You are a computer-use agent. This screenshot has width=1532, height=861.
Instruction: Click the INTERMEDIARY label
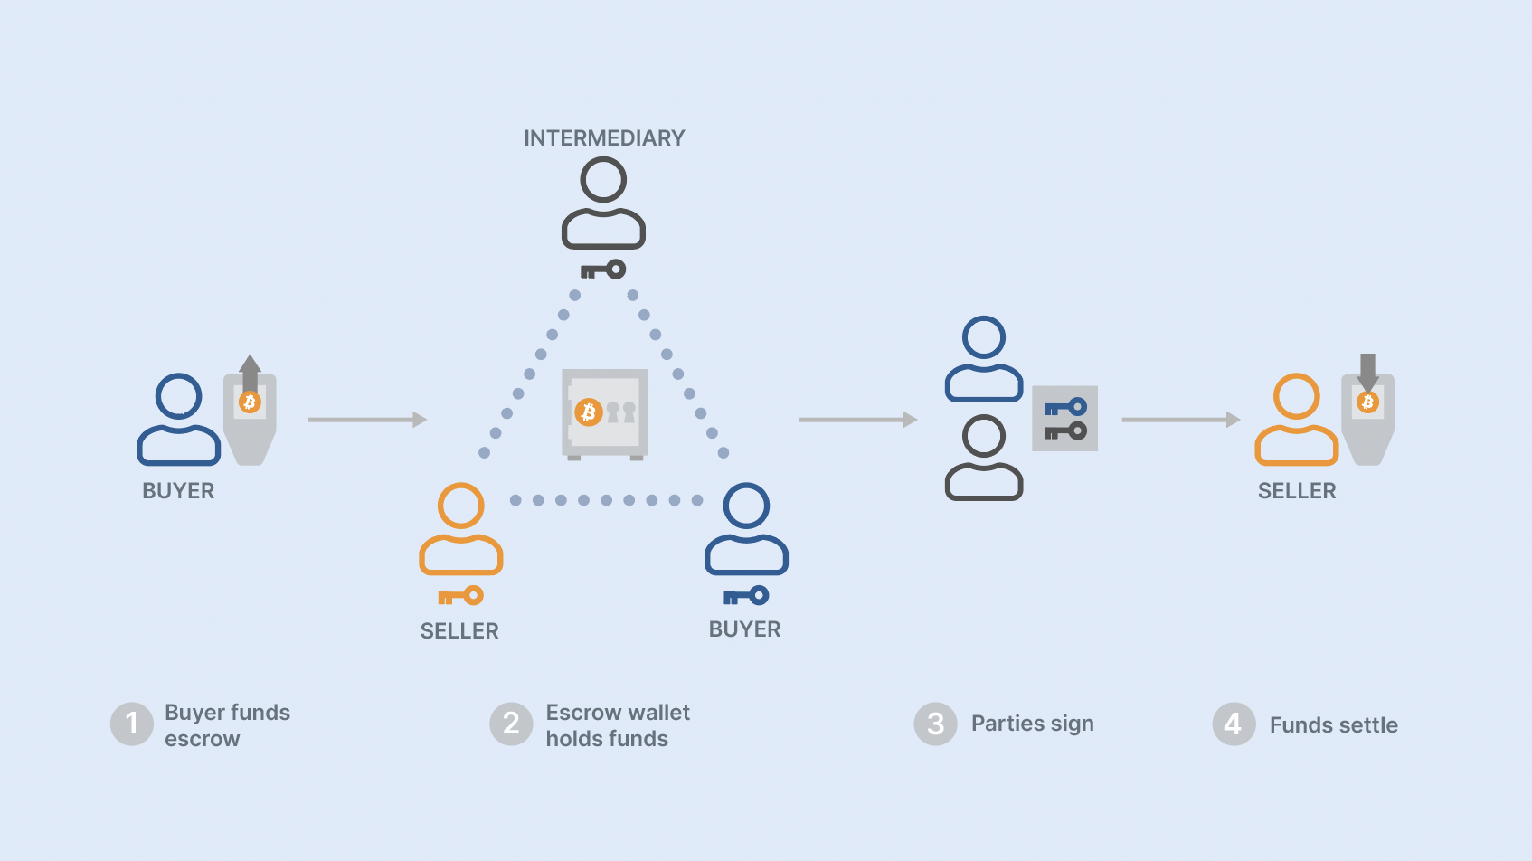[x=604, y=138]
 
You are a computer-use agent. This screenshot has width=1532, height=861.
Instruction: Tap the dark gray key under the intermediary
[x=603, y=270]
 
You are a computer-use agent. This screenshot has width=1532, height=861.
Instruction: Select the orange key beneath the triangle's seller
[x=460, y=596]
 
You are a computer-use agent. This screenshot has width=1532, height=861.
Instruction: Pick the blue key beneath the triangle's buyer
[x=746, y=596]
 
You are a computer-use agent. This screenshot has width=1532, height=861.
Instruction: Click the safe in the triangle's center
[x=605, y=413]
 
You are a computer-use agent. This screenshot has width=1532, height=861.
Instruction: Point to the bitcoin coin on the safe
[x=589, y=412]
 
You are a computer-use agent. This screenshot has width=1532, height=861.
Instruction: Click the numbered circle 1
[x=132, y=724]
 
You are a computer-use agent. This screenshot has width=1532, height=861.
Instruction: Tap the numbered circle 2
[x=511, y=724]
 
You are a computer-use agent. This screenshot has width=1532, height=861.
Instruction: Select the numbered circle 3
[x=935, y=724]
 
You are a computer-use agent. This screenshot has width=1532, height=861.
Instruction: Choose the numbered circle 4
[x=1234, y=724]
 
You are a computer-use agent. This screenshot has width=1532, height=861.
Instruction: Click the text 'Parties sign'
[x=1032, y=724]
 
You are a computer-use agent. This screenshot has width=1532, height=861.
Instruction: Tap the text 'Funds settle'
[x=1333, y=725]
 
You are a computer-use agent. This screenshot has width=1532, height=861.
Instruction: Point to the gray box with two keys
[x=1064, y=419]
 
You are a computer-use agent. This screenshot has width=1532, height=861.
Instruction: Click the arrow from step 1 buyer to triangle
[x=367, y=420]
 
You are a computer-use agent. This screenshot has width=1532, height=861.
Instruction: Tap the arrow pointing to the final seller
[x=1180, y=420]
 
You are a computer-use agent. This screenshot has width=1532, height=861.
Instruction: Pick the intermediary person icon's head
[x=603, y=179]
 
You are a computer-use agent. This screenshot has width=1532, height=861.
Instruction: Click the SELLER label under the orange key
[x=459, y=631]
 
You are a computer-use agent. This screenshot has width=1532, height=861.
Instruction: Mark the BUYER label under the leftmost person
[x=178, y=491]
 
